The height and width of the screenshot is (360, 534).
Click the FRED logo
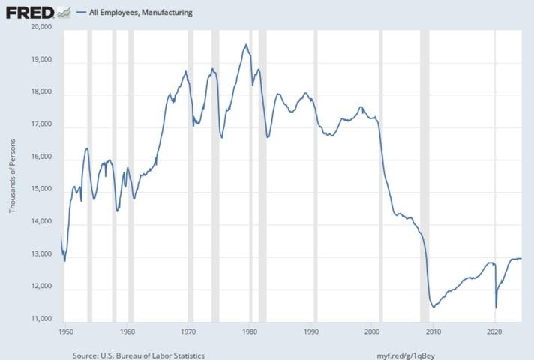click(x=30, y=11)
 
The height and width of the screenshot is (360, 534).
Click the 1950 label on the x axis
click(x=65, y=330)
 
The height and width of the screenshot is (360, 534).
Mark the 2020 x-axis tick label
click(x=494, y=330)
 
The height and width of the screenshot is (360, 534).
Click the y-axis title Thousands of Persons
click(x=12, y=174)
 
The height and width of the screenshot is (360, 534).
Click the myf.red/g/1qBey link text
click(x=412, y=355)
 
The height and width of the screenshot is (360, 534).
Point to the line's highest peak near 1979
click(x=245, y=45)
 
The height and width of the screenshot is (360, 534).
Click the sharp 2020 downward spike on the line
click(x=496, y=307)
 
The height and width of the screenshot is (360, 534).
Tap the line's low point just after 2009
click(x=433, y=306)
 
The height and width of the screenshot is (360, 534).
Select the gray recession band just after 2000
click(x=379, y=172)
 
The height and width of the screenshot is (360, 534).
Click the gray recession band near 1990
click(x=315, y=172)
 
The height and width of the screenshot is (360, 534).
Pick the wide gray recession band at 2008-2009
click(x=424, y=172)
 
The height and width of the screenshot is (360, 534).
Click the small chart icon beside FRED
click(x=64, y=11)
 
